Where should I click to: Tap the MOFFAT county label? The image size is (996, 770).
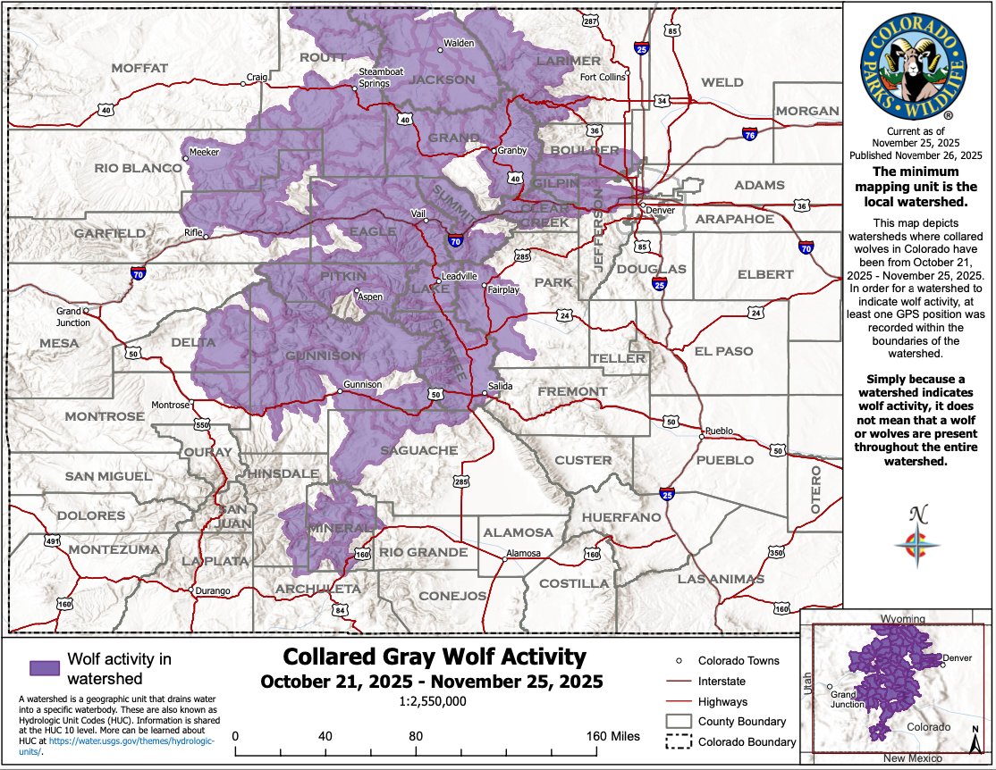point(139,68)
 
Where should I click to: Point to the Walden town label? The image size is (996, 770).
point(459,43)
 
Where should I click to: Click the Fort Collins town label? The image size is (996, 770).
point(603,77)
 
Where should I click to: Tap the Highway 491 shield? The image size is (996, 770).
point(53,541)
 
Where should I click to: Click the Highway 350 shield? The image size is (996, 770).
point(777,554)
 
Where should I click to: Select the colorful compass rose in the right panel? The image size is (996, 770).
point(916,548)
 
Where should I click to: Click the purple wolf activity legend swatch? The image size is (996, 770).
point(45,667)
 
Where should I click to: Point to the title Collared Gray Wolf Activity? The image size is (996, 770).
point(435,657)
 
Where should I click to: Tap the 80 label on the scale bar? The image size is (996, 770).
point(416,736)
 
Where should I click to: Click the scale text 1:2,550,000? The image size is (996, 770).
point(435,701)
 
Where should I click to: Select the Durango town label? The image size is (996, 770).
point(214,590)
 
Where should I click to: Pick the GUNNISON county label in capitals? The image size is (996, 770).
point(323,356)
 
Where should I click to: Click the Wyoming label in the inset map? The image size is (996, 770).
point(903,619)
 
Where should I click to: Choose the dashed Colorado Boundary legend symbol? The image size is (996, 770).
point(679,741)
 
